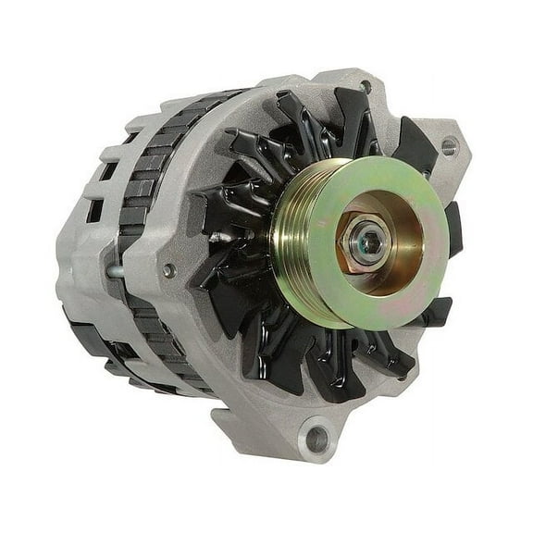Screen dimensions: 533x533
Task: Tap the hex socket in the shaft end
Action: click(x=369, y=242)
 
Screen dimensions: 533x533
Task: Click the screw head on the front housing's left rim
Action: click(x=169, y=270)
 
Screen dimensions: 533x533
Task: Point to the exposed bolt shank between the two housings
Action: click(x=115, y=271)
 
